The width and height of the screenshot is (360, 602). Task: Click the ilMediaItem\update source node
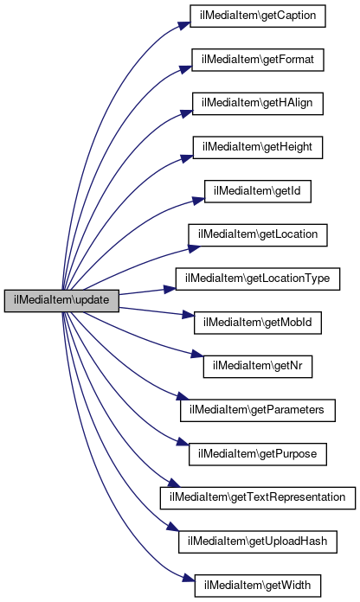[x=61, y=301]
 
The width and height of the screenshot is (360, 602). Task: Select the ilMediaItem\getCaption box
[x=258, y=16]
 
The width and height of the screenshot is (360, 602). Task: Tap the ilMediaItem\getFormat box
[x=258, y=60]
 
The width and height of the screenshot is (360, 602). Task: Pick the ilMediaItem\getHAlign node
[x=257, y=104]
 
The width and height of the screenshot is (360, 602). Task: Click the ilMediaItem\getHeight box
[x=258, y=147]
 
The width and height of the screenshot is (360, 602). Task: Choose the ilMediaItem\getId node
[x=257, y=191]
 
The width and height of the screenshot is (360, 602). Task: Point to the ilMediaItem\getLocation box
[x=258, y=235]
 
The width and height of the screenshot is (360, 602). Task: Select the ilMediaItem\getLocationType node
[x=258, y=279]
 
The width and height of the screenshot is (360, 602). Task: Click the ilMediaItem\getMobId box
[x=258, y=323]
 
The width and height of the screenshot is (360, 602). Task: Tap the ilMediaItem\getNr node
[x=258, y=366]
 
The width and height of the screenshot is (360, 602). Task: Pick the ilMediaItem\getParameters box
[x=258, y=410]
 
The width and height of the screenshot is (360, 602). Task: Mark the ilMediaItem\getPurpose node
[x=258, y=454]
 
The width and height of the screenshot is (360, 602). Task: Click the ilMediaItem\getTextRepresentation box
[x=258, y=498]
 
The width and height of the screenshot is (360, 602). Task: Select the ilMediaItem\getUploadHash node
[x=258, y=541]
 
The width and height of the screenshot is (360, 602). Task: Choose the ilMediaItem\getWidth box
[x=258, y=586]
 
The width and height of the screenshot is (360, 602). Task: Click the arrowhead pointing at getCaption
[x=184, y=24]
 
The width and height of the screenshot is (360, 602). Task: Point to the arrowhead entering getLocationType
[x=170, y=289]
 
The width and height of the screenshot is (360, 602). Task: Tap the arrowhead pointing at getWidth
[x=189, y=578]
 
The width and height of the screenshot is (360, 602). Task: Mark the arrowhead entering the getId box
[x=199, y=200]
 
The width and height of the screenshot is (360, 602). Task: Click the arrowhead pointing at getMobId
[x=188, y=315]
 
